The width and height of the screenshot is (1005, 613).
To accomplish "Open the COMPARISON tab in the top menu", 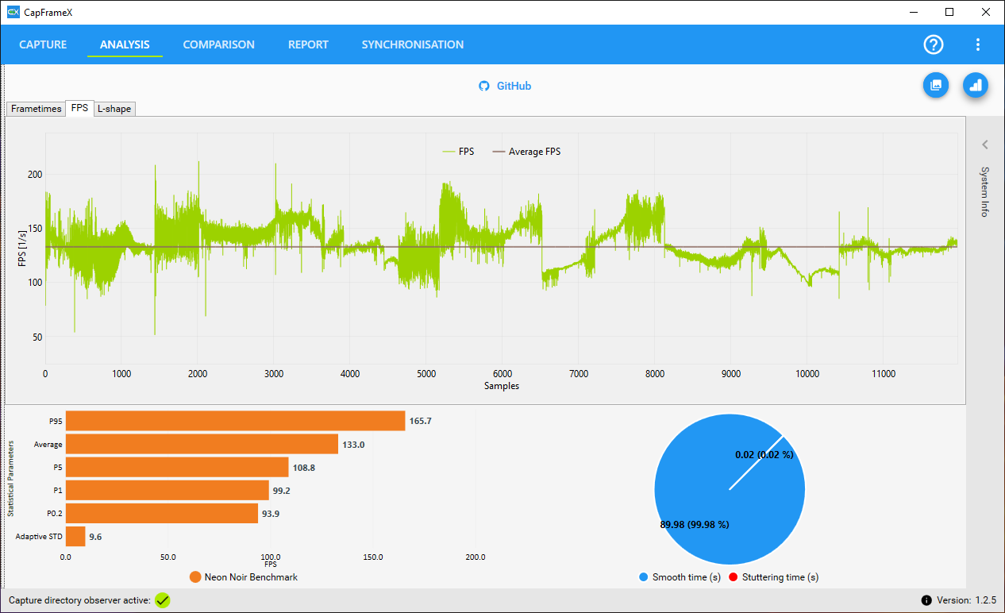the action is pyautogui.click(x=218, y=44).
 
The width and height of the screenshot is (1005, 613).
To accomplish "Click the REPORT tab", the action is pyautogui.click(x=308, y=44).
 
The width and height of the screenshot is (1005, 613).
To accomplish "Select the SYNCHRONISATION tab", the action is pyautogui.click(x=413, y=44).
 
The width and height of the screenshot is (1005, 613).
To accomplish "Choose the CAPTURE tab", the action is pyautogui.click(x=43, y=44).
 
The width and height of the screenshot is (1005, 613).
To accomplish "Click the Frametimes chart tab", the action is pyautogui.click(x=36, y=109).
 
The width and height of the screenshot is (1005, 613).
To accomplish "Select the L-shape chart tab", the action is pyautogui.click(x=114, y=109).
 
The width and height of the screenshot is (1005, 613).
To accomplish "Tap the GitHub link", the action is pyautogui.click(x=505, y=86).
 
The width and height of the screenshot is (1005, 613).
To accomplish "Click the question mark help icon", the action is pyautogui.click(x=934, y=44).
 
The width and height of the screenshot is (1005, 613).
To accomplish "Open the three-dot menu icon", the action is pyautogui.click(x=978, y=44).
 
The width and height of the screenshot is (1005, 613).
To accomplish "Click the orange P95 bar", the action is pyautogui.click(x=235, y=421).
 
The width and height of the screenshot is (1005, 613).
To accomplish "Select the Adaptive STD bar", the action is pyautogui.click(x=75, y=536).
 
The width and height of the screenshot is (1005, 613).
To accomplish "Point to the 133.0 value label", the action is pyautogui.click(x=353, y=445).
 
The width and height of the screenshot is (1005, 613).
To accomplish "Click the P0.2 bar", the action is pyautogui.click(x=161, y=514).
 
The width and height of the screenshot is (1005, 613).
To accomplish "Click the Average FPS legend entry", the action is pyautogui.click(x=526, y=152).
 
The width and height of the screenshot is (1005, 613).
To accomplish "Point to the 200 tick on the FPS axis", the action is pyautogui.click(x=35, y=174).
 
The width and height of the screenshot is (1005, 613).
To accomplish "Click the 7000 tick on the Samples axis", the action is pyautogui.click(x=579, y=374).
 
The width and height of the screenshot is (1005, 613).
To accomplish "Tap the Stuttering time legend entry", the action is pyautogui.click(x=773, y=577).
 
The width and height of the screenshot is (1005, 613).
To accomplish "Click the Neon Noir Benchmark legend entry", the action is pyautogui.click(x=244, y=577).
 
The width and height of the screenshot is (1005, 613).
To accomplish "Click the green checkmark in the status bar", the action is pyautogui.click(x=163, y=600).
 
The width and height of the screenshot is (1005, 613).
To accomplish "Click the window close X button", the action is pyautogui.click(x=986, y=12).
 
